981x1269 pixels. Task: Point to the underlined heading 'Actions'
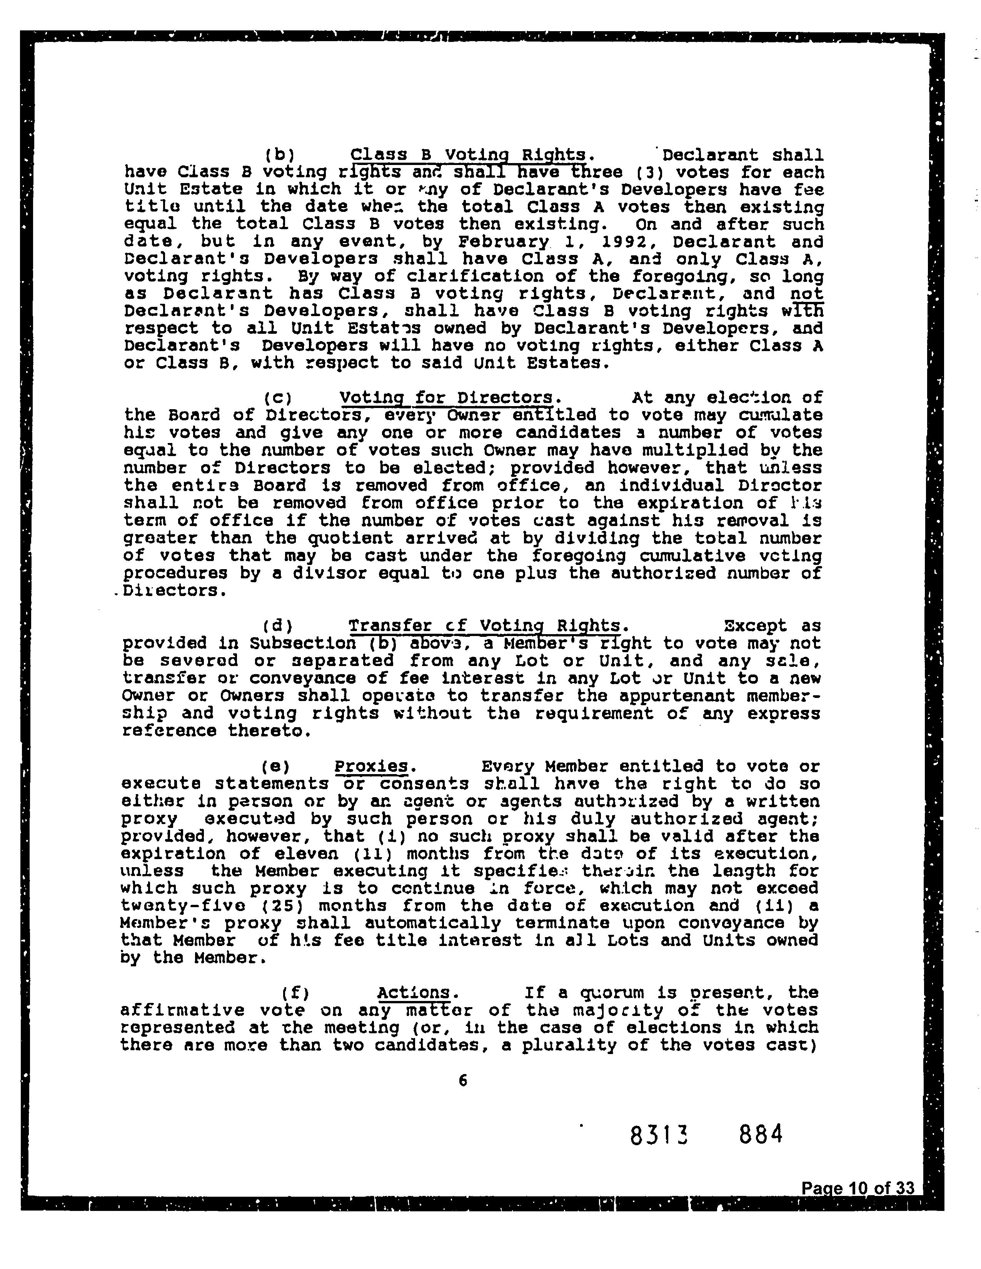click(414, 993)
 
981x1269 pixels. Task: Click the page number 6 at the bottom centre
click(462, 1080)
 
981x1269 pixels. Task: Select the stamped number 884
click(761, 1134)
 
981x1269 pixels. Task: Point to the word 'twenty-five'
click(172, 906)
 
